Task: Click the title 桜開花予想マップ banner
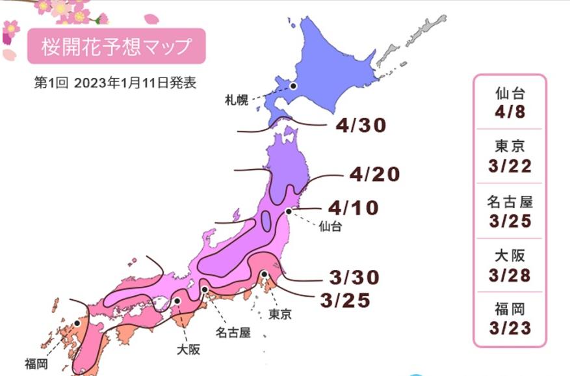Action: pyautogui.click(x=117, y=46)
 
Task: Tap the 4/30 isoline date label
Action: pyautogui.click(x=361, y=126)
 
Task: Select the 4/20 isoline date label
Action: pyautogui.click(x=374, y=174)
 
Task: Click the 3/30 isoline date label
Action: pyautogui.click(x=354, y=277)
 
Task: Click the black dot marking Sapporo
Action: pyautogui.click(x=293, y=85)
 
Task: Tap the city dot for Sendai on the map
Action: pyautogui.click(x=288, y=211)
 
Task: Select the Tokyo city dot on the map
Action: pyautogui.click(x=265, y=275)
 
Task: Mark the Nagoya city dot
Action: pyautogui.click(x=204, y=290)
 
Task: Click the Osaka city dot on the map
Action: pyautogui.click(x=177, y=301)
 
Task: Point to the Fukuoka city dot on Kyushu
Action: pyautogui.click(x=77, y=322)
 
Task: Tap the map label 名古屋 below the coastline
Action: pyautogui.click(x=232, y=333)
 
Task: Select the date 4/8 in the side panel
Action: pyautogui.click(x=510, y=113)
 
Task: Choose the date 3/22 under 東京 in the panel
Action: pyautogui.click(x=510, y=167)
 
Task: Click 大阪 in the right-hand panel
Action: pyautogui.click(x=510, y=254)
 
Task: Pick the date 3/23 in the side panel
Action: pyautogui.click(x=510, y=328)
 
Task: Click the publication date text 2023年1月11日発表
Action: pyautogui.click(x=134, y=83)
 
